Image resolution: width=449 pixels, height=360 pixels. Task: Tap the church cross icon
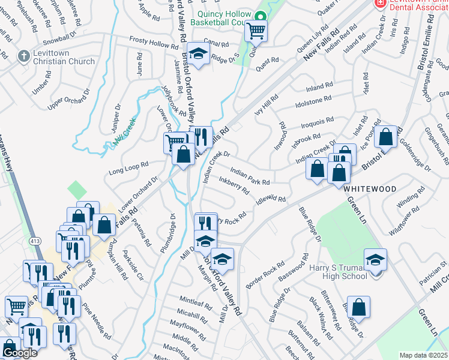click(x=23, y=56)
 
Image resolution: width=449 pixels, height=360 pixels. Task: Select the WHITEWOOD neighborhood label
click(x=370, y=188)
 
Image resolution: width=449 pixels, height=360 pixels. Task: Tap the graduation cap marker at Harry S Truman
click(x=376, y=260)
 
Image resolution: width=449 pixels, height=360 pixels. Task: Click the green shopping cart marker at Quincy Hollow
click(x=256, y=31)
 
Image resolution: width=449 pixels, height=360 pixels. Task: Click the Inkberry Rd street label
click(x=234, y=185)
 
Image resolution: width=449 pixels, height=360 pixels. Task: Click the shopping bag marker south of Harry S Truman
click(x=358, y=307)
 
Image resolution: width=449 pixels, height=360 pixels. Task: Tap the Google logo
click(x=19, y=353)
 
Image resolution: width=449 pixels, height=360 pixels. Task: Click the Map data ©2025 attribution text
click(x=423, y=355)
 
